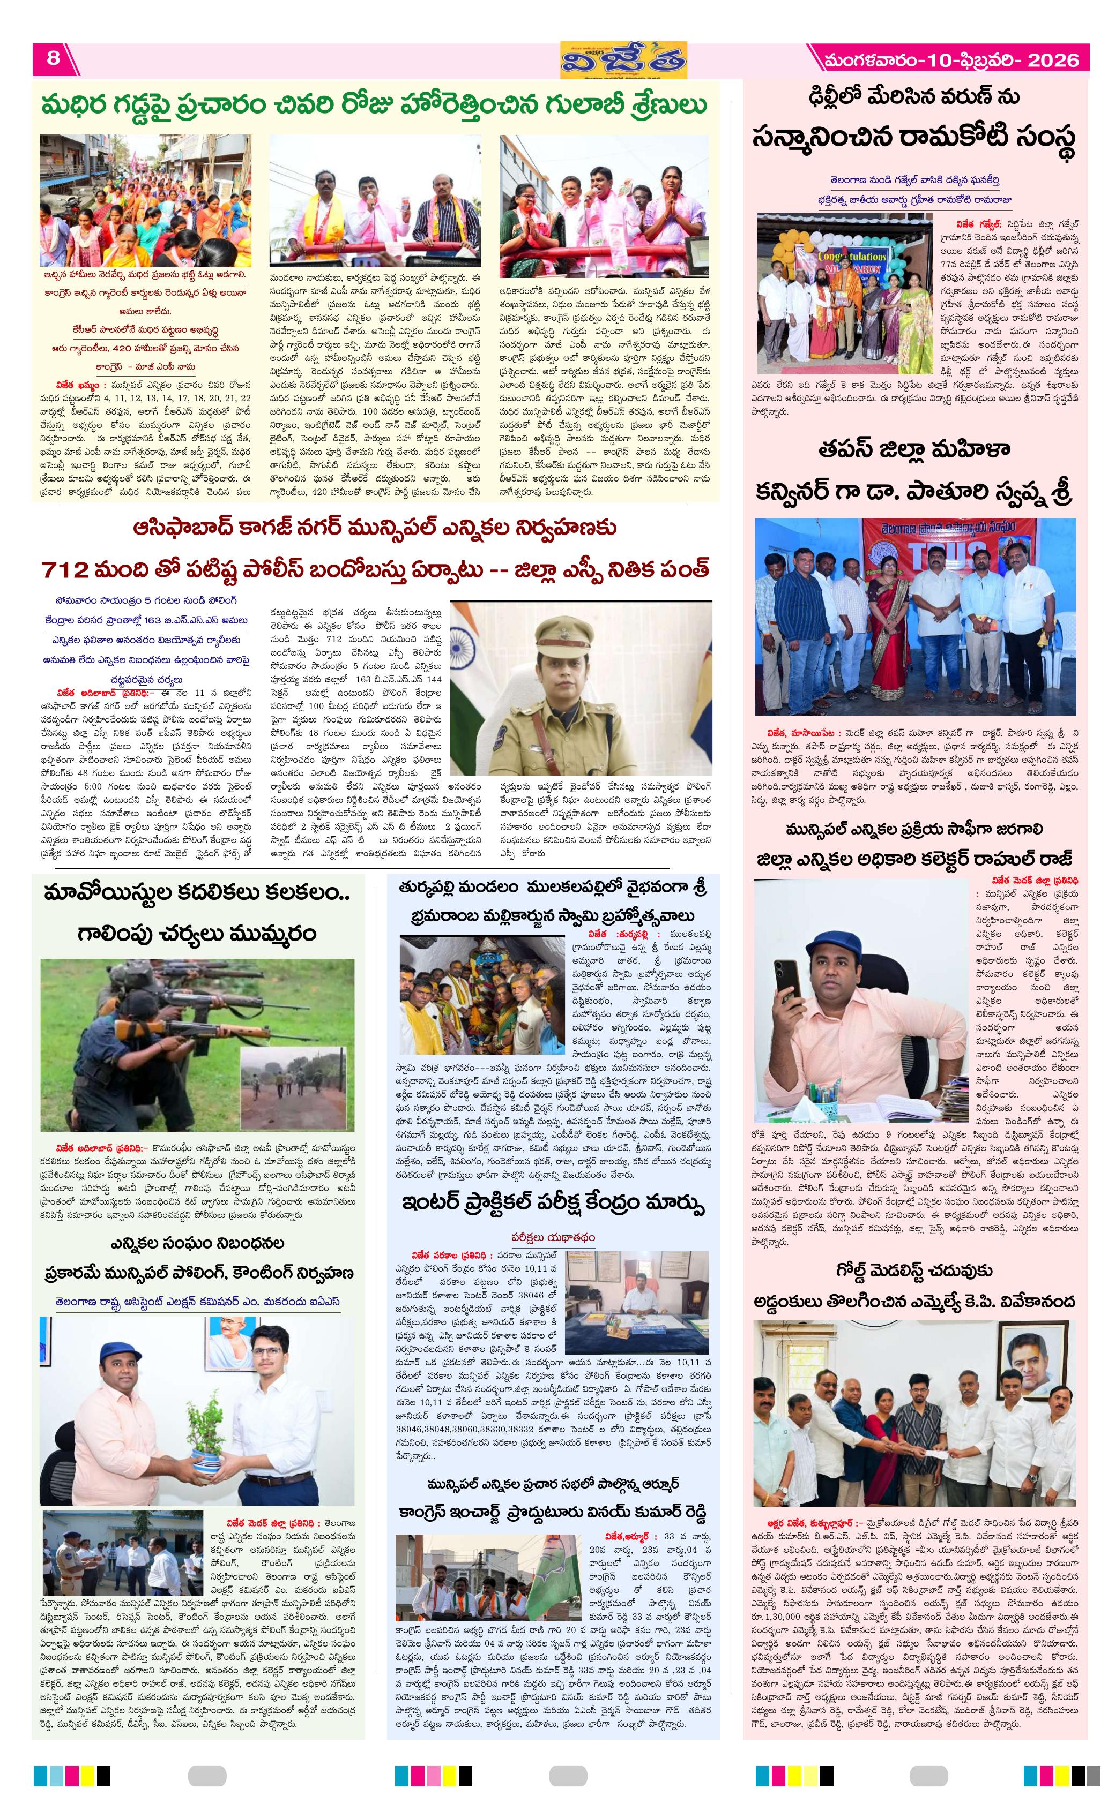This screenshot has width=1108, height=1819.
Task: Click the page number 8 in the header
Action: (x=53, y=58)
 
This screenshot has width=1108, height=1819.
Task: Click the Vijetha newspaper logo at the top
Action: (x=623, y=60)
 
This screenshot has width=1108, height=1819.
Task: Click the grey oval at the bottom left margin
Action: (x=207, y=1776)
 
